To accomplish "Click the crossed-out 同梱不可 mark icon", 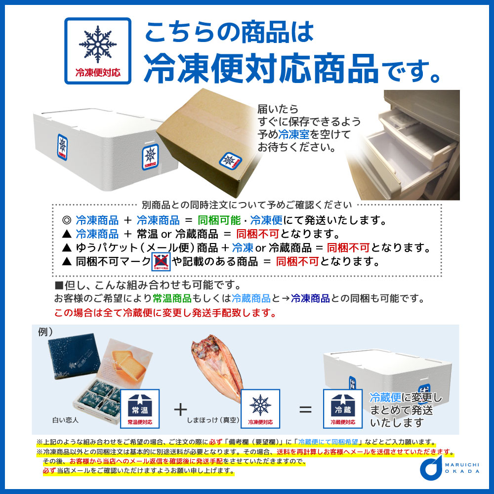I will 161,261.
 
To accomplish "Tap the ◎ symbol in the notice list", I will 67,220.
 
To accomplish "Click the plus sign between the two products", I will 181,409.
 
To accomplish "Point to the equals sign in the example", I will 306,409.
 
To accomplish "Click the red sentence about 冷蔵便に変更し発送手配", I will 165,313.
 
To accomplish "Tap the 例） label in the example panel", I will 45,332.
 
